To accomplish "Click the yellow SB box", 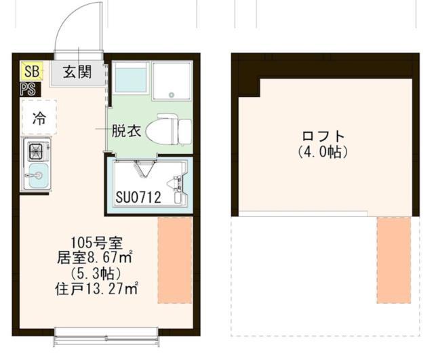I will pos(31,71).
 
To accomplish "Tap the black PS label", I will pos(28,89).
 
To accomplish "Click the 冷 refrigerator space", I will pos(39,118).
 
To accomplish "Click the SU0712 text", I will pos(137,198).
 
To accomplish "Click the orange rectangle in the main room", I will pos(175,260).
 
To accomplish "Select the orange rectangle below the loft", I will pos(394,260).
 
